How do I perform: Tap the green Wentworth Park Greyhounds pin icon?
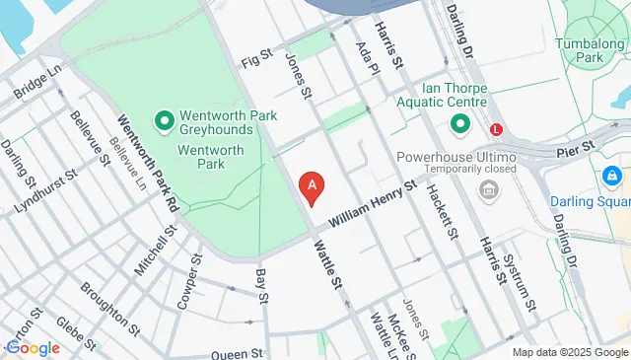coord(164,121)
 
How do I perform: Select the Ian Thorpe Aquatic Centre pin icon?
coord(459,123)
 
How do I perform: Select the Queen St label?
coord(235,352)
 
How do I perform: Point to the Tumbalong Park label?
coord(591,50)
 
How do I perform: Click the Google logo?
coord(33,347)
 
